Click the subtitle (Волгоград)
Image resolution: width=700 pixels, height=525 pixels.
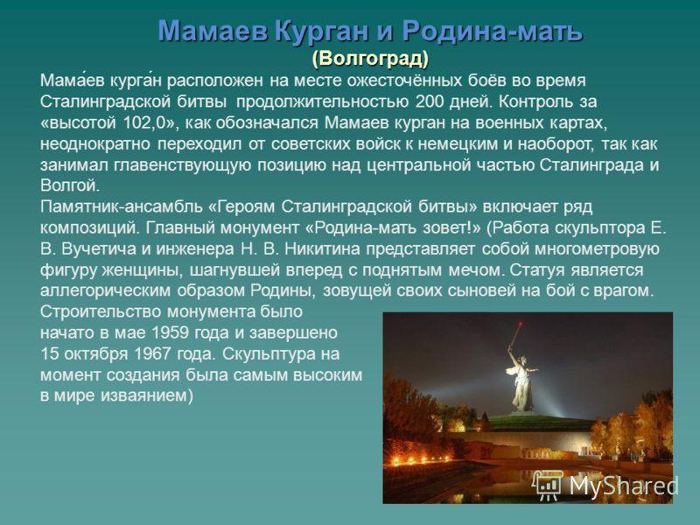tap(370, 59)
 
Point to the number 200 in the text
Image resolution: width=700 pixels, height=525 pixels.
tap(430, 101)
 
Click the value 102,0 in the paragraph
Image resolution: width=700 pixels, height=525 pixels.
tap(143, 122)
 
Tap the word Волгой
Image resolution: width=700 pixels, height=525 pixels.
tap(70, 185)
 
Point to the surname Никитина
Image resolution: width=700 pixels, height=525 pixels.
tap(322, 248)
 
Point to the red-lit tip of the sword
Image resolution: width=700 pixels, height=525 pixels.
tap(519, 323)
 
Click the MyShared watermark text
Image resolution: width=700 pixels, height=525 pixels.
tap(623, 486)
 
